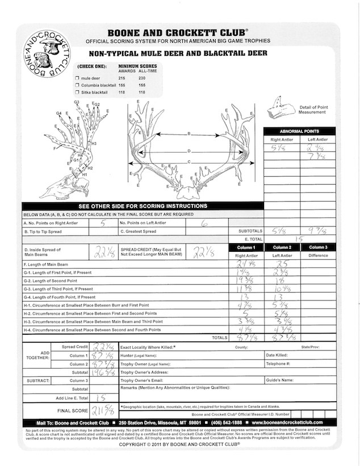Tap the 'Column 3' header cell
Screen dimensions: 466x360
[x=318, y=247]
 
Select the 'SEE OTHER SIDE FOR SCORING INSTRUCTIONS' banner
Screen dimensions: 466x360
[x=143, y=206]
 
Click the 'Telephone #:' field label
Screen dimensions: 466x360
[x=279, y=363]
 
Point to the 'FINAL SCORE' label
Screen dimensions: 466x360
[x=72, y=410]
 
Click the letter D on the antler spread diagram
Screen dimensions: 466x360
[x=188, y=151]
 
